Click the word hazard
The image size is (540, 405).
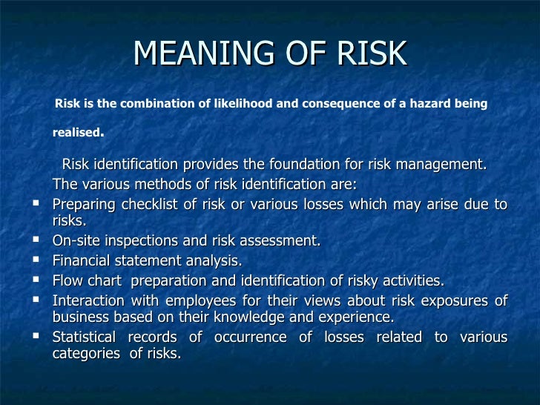click(426, 104)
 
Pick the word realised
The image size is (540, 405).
click(76, 134)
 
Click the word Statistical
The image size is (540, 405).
click(85, 337)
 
